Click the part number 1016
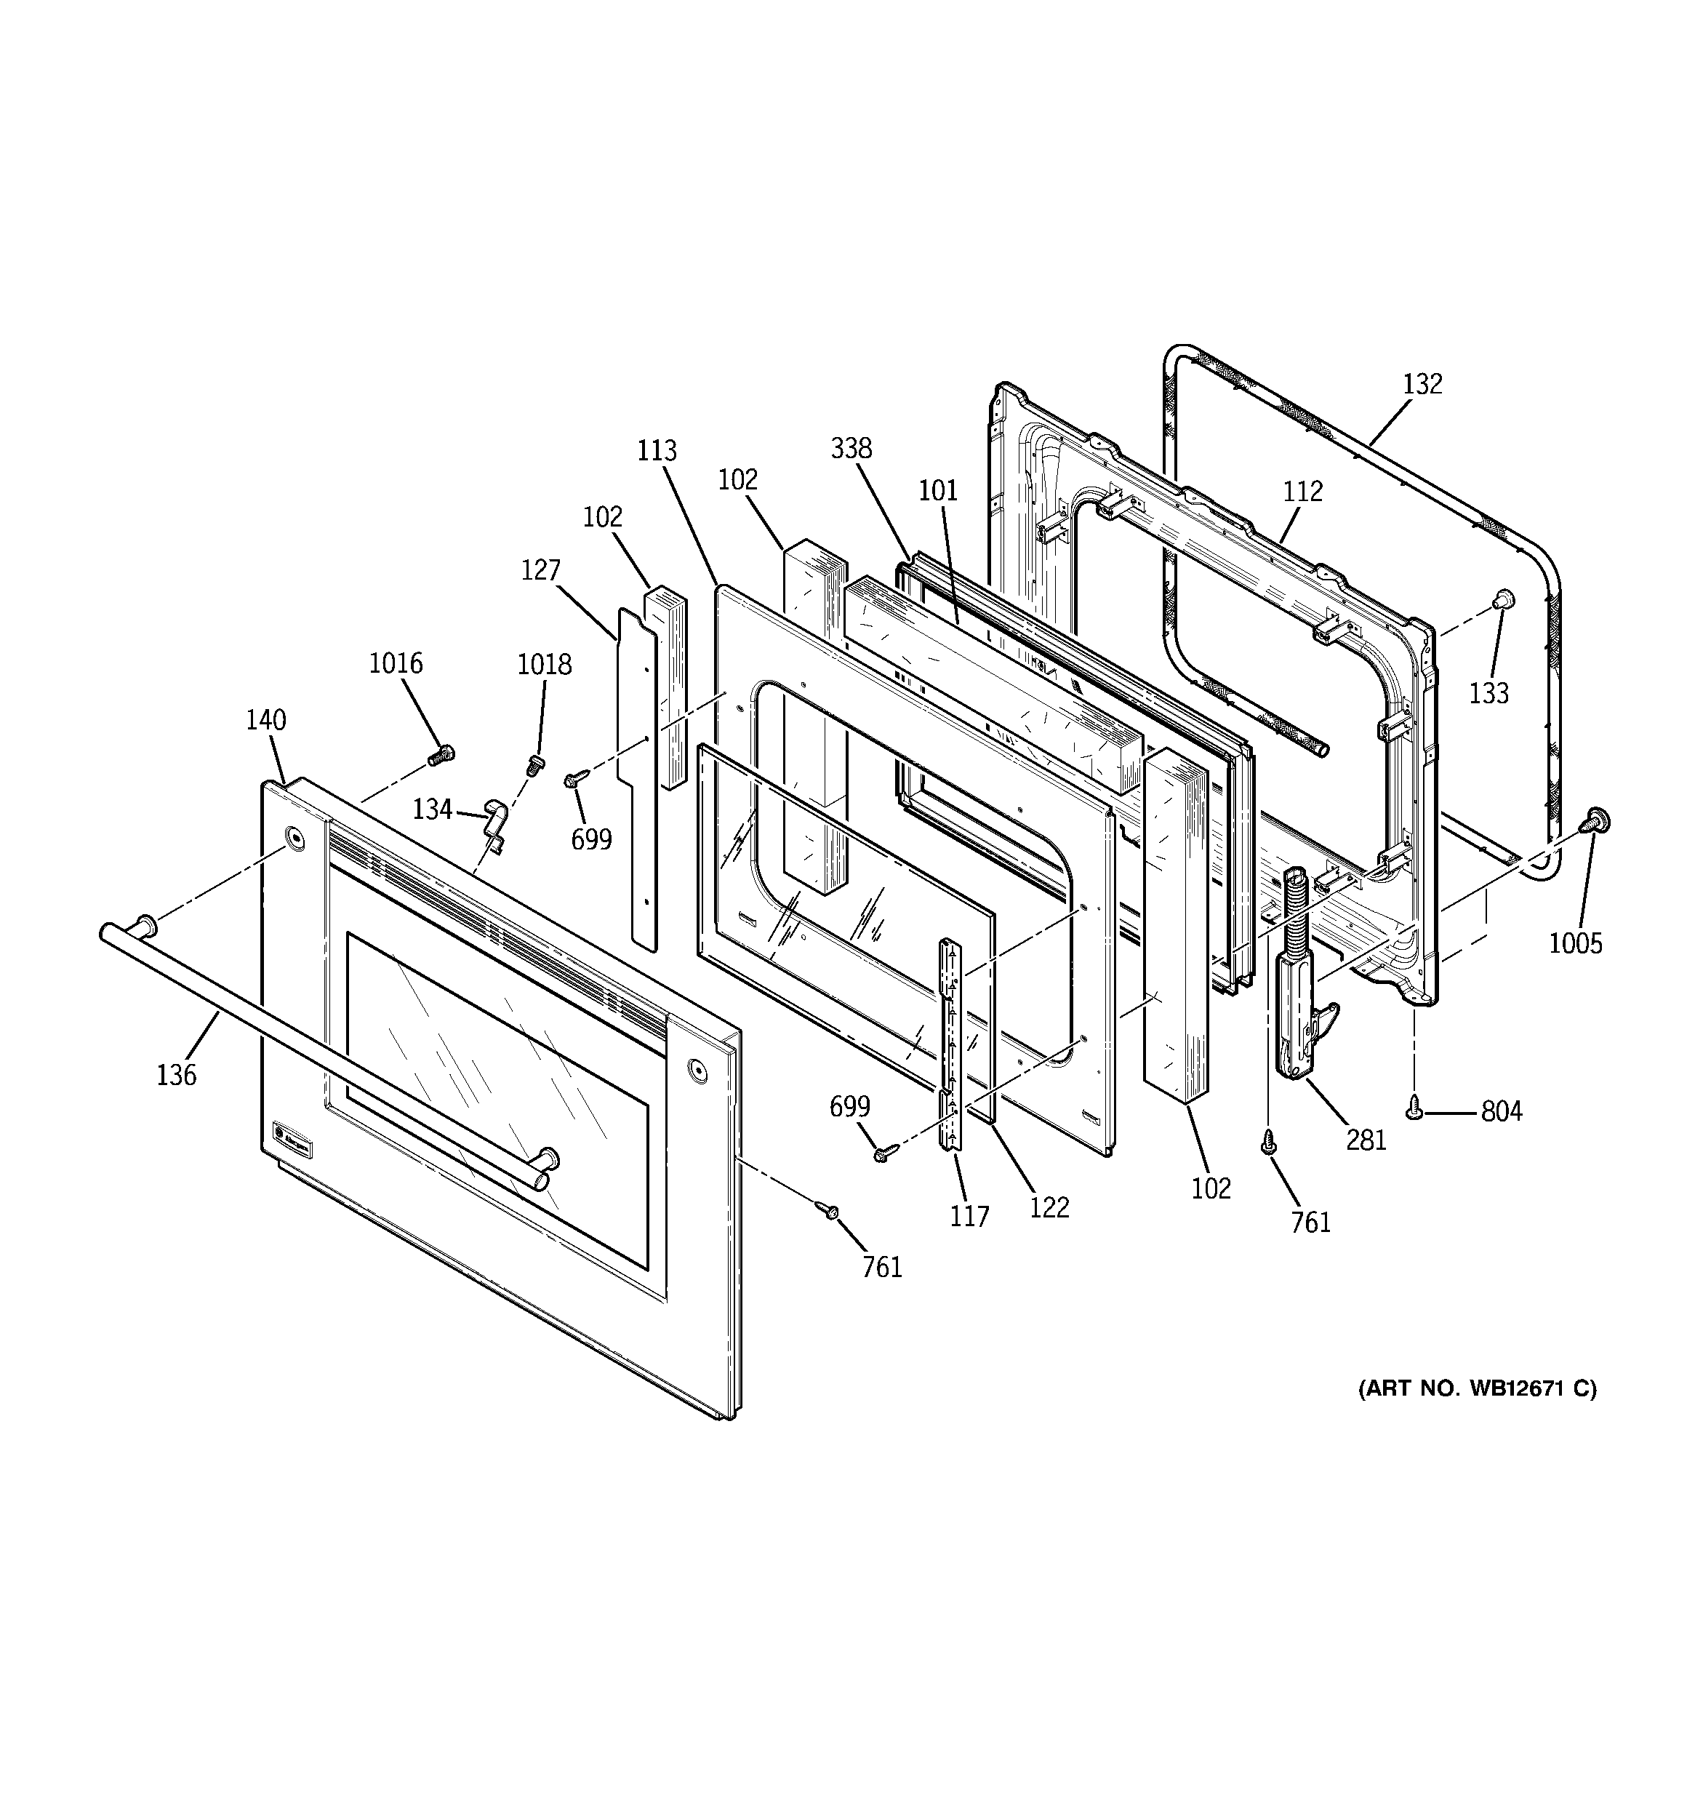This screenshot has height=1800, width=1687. click(x=395, y=664)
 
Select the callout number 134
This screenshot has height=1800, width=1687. click(x=432, y=809)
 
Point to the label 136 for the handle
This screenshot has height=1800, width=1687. click(x=176, y=1075)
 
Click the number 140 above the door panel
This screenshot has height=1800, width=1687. click(x=265, y=721)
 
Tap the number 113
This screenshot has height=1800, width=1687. click(x=657, y=450)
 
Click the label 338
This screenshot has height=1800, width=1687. click(x=851, y=448)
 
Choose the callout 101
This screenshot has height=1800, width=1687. click(x=938, y=491)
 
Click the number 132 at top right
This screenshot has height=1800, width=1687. click(x=1422, y=384)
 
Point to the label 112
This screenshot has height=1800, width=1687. click(x=1303, y=492)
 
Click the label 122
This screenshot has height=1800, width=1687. click(x=1049, y=1207)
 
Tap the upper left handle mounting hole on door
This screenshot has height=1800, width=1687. click(x=294, y=838)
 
